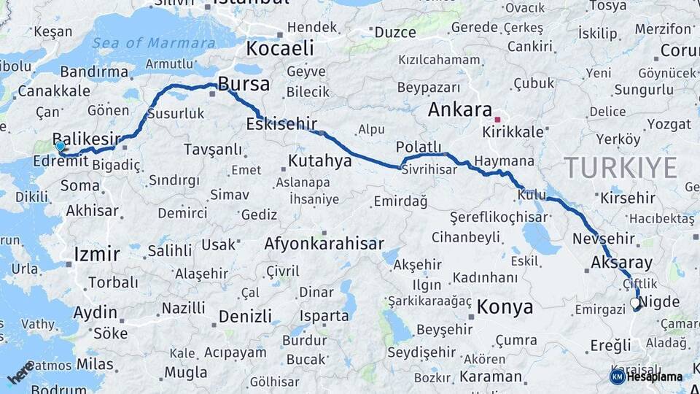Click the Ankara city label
[x=460, y=109]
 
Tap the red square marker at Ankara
[x=497, y=119]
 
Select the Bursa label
[x=244, y=84]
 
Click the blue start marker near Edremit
[x=60, y=145]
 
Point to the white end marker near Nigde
[x=635, y=302]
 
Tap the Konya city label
[x=505, y=307]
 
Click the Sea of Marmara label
[x=154, y=43]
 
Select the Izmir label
[x=97, y=255]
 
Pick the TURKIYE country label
[x=621, y=168]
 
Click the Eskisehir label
[x=281, y=123]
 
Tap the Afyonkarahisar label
[x=324, y=244]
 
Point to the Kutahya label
[x=319, y=161]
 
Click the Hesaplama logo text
[x=654, y=376]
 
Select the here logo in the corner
[x=21, y=372]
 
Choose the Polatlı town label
[x=419, y=147]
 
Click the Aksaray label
[x=622, y=263]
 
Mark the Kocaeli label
[x=280, y=49]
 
